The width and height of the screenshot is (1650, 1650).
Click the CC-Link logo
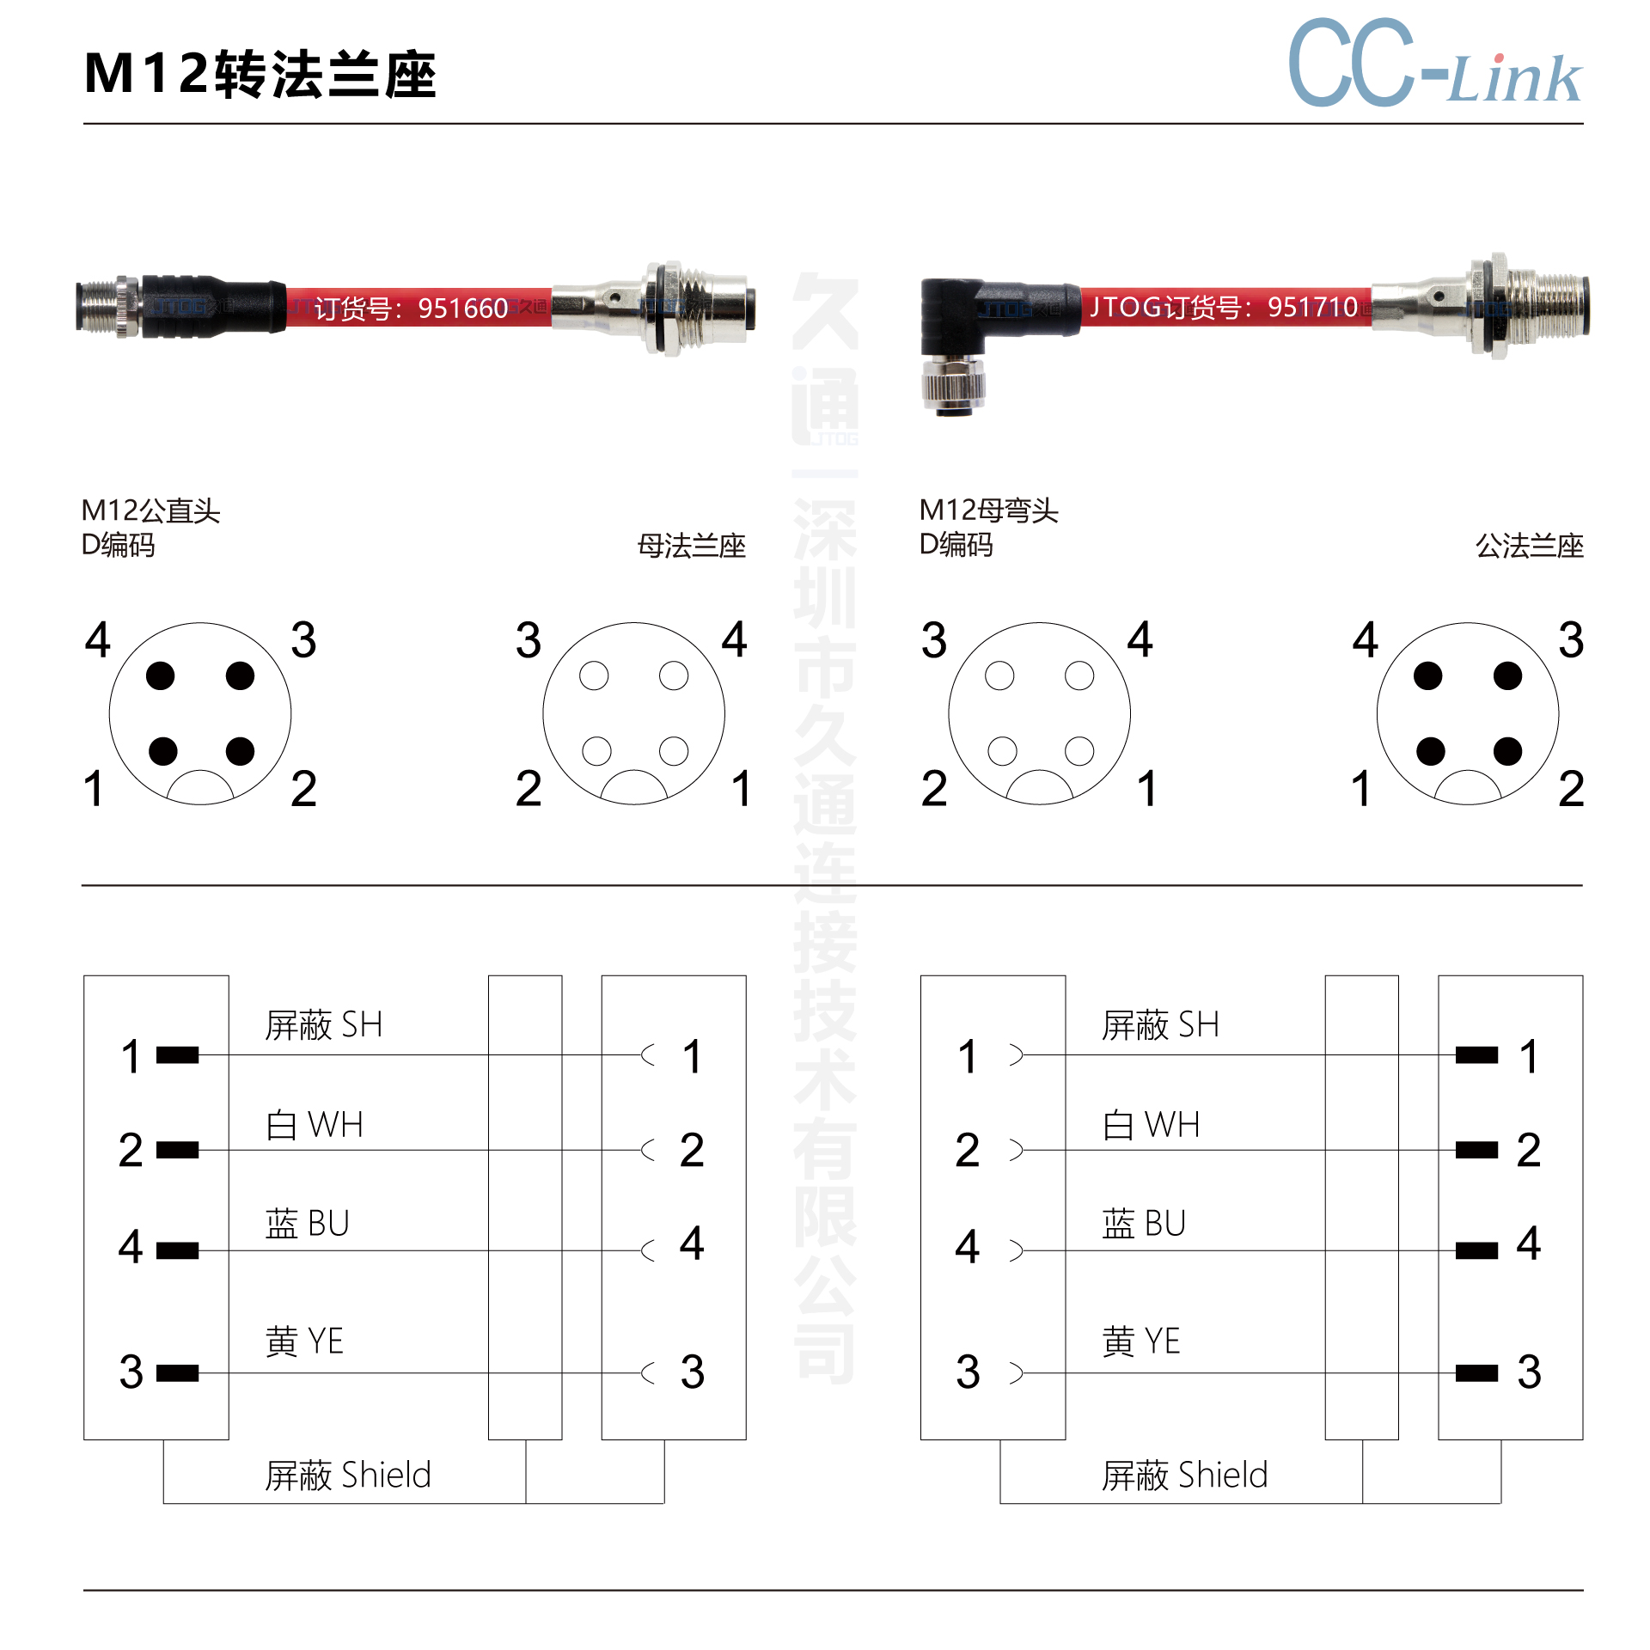point(1435,63)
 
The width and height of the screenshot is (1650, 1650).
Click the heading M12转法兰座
point(260,74)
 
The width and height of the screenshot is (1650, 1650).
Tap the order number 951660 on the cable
point(463,308)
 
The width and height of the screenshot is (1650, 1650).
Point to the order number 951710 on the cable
point(1312,306)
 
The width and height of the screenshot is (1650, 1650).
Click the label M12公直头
point(150,510)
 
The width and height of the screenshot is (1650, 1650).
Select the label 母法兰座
point(692,546)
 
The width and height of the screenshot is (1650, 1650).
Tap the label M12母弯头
point(988,510)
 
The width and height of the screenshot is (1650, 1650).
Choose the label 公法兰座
point(1530,546)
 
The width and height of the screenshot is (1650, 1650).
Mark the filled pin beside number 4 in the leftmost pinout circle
point(161,675)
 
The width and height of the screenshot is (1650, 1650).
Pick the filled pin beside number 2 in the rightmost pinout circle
point(1507,751)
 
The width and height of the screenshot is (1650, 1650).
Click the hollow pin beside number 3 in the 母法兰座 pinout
point(594,675)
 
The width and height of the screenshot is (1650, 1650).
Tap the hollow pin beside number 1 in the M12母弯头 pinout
point(1079,751)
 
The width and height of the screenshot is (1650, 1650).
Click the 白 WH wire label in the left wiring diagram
point(315,1124)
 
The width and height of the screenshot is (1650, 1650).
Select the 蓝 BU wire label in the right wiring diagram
point(1144,1223)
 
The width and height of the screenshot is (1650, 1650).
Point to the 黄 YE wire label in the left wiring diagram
point(304,1341)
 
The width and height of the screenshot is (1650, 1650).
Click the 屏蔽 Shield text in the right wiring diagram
point(1185,1475)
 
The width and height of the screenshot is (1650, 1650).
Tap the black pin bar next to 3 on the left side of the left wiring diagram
point(178,1372)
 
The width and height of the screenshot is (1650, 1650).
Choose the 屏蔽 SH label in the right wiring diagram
point(1160,1024)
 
